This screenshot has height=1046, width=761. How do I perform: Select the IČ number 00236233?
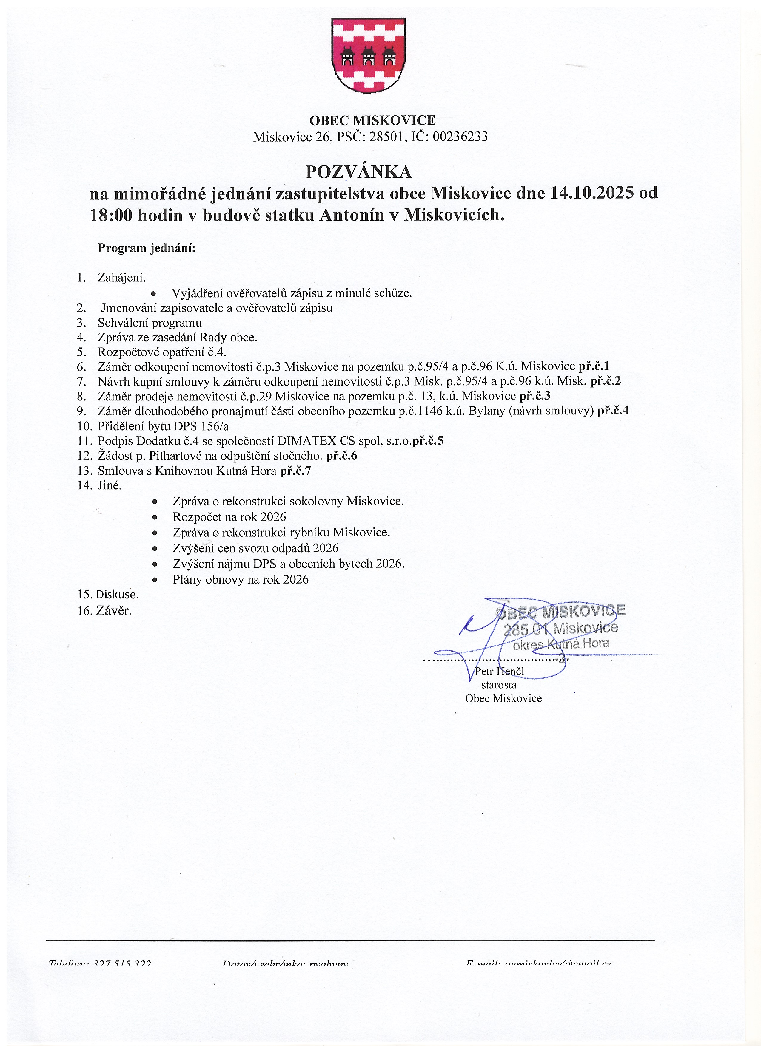[x=460, y=137]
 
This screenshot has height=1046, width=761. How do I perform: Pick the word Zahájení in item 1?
[x=121, y=278]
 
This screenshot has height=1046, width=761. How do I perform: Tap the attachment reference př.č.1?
[x=594, y=366]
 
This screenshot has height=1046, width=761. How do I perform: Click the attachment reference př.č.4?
[x=613, y=411]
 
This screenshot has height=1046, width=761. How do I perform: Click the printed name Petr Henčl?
[x=499, y=671]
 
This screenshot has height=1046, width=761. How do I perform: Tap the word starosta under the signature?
[x=499, y=685]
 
